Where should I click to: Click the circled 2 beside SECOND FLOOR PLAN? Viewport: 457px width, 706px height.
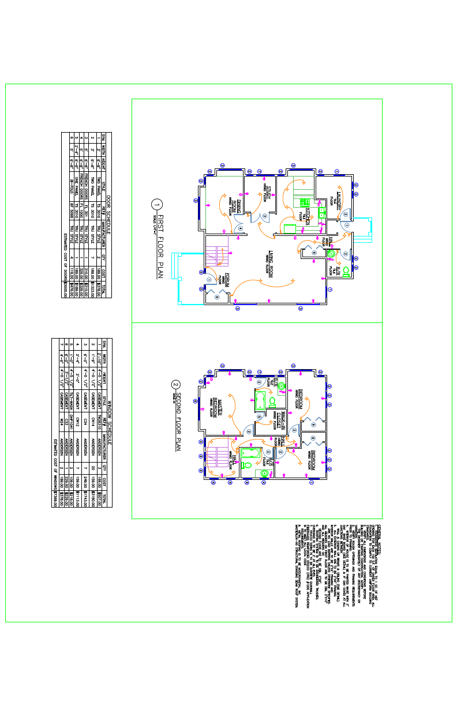pos(177,385)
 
